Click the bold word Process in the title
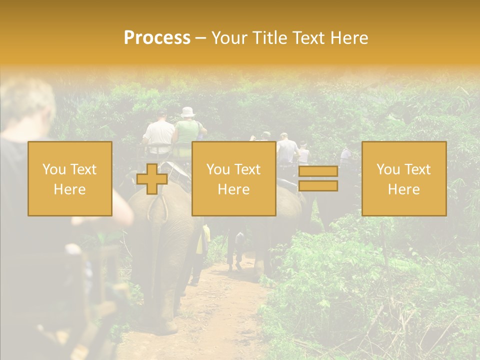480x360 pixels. pos(157,38)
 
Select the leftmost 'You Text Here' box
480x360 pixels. pos(69,178)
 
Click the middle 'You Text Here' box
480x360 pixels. pos(233,178)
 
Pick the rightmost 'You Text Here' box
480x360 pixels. pos(403,178)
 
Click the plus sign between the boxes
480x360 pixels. pos(152,179)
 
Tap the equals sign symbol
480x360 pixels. pos(318,179)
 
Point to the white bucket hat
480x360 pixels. pos(188,112)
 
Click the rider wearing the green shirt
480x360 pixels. pos(187,133)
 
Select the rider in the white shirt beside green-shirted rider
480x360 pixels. pos(159,134)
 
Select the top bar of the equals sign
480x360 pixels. pos(318,171)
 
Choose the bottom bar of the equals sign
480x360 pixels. pos(318,186)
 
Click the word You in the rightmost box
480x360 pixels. pos(388,169)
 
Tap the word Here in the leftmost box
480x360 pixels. pos(69,189)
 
